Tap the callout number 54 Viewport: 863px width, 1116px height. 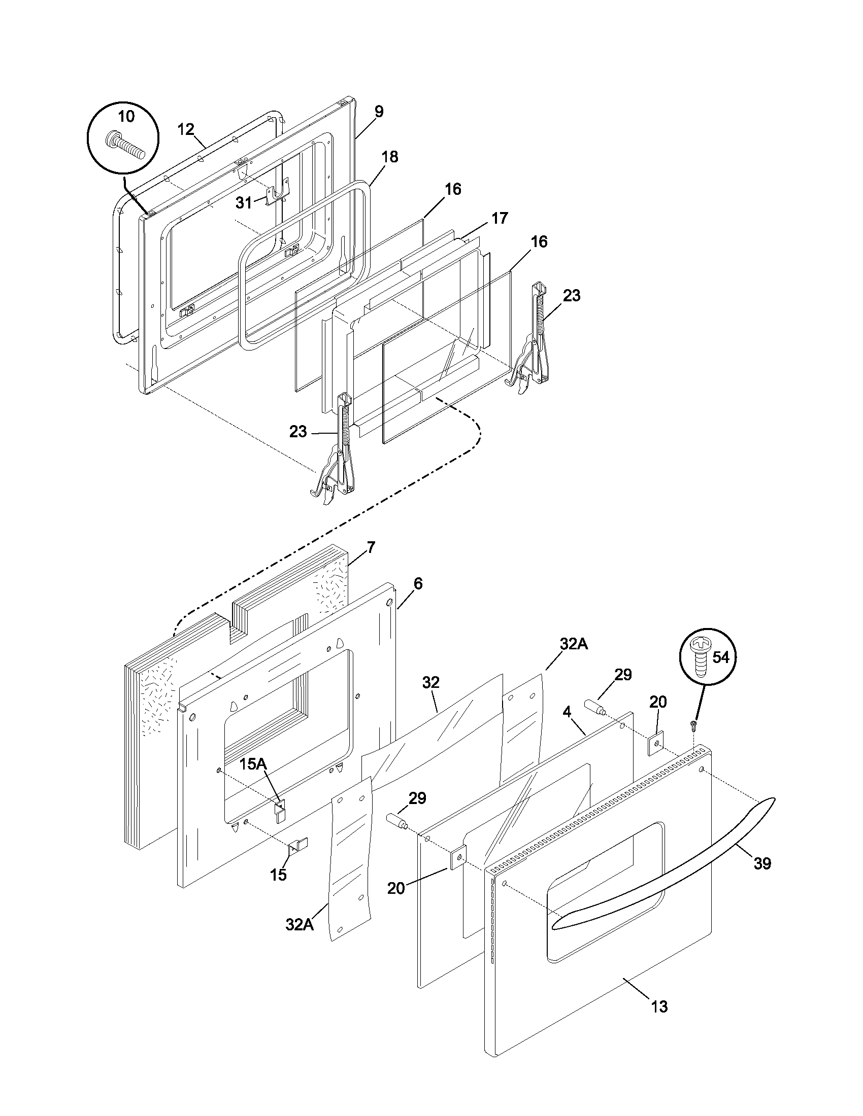pos(721,657)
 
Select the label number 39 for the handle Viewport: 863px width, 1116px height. pos(762,863)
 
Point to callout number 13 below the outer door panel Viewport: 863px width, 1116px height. pos(659,1006)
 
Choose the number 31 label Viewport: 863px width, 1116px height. pos(243,203)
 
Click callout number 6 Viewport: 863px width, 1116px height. pos(418,583)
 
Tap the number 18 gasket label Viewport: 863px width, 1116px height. pos(389,157)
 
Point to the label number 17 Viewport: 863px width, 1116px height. pos(500,218)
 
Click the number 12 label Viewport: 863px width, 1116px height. pos(186,129)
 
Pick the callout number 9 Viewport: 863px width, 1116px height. pos(378,112)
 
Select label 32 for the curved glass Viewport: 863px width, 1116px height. pos(430,682)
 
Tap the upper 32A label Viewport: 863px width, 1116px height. pos(574,645)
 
